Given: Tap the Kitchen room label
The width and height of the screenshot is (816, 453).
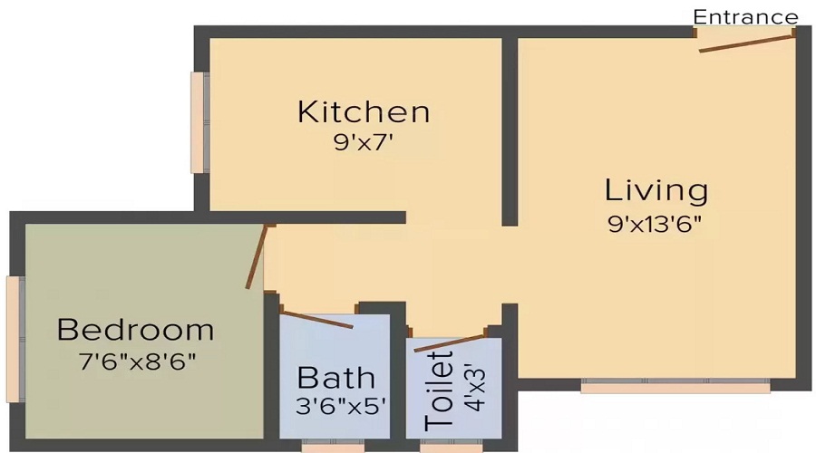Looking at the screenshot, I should (x=364, y=112).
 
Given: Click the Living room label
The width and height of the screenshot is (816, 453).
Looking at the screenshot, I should (x=656, y=190).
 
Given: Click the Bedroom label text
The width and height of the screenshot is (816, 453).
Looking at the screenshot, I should (x=136, y=329).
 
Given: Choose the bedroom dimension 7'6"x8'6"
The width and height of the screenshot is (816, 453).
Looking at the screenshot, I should (x=136, y=360).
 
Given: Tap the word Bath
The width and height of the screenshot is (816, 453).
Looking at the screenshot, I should (x=336, y=376).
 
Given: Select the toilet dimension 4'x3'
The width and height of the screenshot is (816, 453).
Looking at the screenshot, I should (x=472, y=389).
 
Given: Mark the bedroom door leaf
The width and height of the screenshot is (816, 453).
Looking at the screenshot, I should (x=257, y=256).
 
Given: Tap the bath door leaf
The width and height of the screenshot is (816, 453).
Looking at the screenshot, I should (x=317, y=320).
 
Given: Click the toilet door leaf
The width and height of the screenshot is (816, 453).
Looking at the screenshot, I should (x=450, y=343).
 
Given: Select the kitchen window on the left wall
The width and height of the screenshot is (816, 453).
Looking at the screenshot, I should (x=199, y=122).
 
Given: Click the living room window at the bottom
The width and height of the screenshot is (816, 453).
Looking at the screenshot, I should (x=675, y=386).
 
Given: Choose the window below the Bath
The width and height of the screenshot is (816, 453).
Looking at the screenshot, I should (x=333, y=445).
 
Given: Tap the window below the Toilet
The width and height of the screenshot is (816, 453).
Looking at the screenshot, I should (x=452, y=445).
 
